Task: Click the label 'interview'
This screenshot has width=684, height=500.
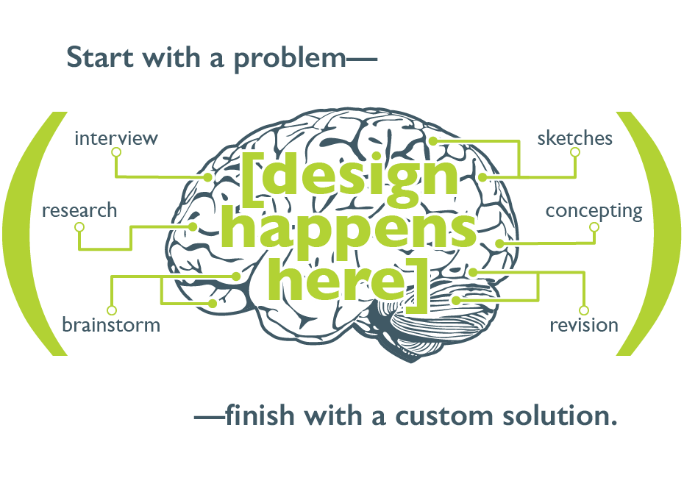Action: coord(116,138)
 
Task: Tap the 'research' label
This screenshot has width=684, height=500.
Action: coord(79,211)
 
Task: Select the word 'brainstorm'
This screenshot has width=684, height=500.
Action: coord(111,325)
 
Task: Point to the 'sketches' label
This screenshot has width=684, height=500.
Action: coord(574,138)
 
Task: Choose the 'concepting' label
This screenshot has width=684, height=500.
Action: coord(594,212)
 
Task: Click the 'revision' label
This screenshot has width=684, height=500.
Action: coord(584,325)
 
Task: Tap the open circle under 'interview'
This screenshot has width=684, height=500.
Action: coord(115,152)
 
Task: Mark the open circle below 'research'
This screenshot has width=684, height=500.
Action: coord(80,227)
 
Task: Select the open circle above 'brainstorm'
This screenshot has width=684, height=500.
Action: coord(112,310)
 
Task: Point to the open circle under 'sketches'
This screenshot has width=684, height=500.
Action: coord(575,152)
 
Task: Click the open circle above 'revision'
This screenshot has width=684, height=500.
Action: coord(584,310)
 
